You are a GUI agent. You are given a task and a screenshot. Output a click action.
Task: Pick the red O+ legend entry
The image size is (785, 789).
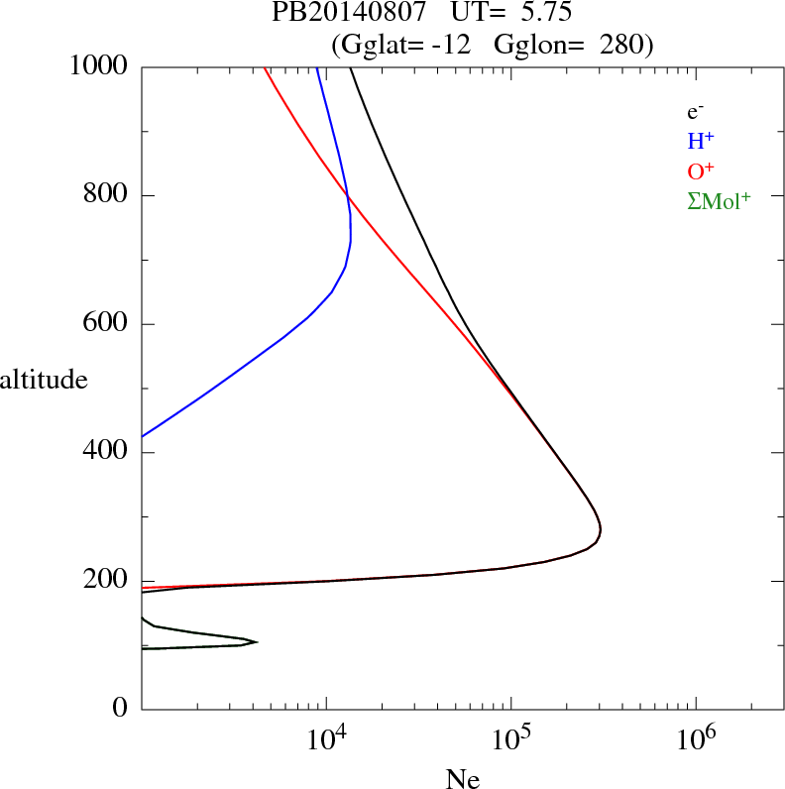click(703, 171)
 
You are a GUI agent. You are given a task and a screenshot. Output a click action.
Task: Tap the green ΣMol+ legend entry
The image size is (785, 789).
click(719, 201)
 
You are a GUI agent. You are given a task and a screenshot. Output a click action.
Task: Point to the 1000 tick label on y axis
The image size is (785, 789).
click(100, 66)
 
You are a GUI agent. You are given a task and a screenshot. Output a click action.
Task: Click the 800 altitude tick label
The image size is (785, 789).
click(108, 195)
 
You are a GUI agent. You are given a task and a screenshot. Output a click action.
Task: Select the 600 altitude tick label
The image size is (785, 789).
click(108, 324)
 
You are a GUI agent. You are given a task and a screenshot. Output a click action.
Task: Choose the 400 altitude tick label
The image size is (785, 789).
click(108, 453)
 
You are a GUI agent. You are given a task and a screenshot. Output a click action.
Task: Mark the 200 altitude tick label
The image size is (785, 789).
click(108, 581)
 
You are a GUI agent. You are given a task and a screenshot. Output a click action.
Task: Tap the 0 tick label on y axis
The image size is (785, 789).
click(122, 710)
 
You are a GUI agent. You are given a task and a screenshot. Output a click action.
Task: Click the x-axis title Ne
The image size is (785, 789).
click(463, 779)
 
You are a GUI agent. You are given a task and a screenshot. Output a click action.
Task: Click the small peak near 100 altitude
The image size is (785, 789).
click(257, 642)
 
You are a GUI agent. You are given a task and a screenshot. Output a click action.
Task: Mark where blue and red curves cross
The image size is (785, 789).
click(349, 196)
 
